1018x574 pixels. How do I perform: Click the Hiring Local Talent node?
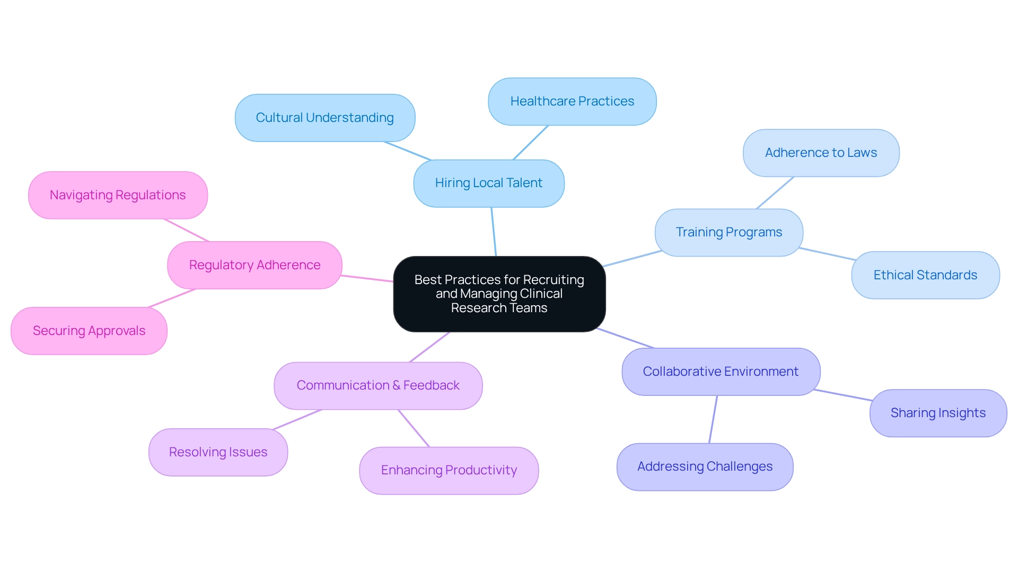coord(488,183)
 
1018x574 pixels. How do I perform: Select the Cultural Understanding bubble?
coord(324,118)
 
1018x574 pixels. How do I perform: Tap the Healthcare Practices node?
coord(572,102)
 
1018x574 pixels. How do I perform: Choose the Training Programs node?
coord(729,233)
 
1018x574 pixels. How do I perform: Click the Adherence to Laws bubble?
coord(821,153)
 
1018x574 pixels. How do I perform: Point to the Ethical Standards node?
coord(925,276)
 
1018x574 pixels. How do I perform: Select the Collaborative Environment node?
coord(721,372)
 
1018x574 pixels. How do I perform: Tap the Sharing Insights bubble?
coord(938,413)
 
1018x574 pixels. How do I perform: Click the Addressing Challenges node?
coord(705,467)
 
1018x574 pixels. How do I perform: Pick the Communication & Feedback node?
coord(378,386)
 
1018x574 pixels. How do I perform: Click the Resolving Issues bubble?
coord(218,453)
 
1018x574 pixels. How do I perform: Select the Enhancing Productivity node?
coord(449,471)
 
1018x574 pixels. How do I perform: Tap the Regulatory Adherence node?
coord(254,266)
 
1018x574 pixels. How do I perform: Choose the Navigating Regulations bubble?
coord(118,196)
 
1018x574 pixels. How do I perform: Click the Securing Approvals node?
coord(89,331)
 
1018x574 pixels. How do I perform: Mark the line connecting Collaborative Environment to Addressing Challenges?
coord(713,419)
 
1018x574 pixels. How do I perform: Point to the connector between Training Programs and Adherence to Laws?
coord(775,193)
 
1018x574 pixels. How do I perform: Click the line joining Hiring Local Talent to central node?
coord(494,232)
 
